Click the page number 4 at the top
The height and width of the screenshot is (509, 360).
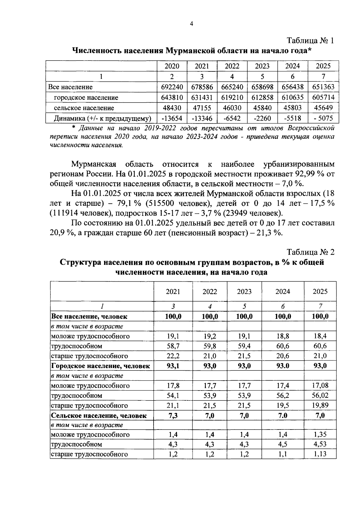(191, 24)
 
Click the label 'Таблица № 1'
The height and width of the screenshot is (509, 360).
(310, 41)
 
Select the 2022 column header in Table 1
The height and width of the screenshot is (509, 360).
(232, 66)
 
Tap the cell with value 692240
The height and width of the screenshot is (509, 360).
(172, 87)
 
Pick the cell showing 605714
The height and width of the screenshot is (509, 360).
(323, 97)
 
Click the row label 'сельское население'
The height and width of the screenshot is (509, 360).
(84, 108)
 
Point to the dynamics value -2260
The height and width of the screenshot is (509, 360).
(262, 118)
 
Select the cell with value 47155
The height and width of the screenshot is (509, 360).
(202, 108)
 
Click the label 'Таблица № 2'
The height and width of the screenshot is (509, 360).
(310, 252)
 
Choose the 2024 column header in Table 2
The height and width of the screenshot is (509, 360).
(283, 292)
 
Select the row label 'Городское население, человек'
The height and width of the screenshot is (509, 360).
(100, 366)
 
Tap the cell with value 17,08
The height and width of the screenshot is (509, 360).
(320, 385)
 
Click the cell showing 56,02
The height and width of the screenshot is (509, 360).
(320, 395)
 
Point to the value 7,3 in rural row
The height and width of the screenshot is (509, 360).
(173, 415)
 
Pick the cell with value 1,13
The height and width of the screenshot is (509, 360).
(320, 454)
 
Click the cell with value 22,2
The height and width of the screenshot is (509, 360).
(173, 356)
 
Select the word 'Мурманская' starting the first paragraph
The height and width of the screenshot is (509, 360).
(94, 164)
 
